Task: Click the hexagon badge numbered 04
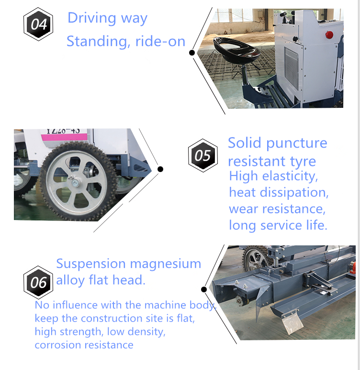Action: click(x=38, y=24)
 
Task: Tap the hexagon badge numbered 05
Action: click(x=203, y=155)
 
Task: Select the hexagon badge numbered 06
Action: click(x=38, y=282)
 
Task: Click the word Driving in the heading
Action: click(x=92, y=18)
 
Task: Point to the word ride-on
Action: click(x=160, y=42)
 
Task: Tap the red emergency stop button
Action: click(x=329, y=35)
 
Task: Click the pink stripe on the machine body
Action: click(x=64, y=137)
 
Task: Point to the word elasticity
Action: click(x=290, y=176)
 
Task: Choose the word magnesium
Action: click(x=166, y=264)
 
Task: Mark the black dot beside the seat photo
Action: click(x=192, y=53)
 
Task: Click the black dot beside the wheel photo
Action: click(x=160, y=169)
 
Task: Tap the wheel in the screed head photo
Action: click(x=256, y=259)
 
